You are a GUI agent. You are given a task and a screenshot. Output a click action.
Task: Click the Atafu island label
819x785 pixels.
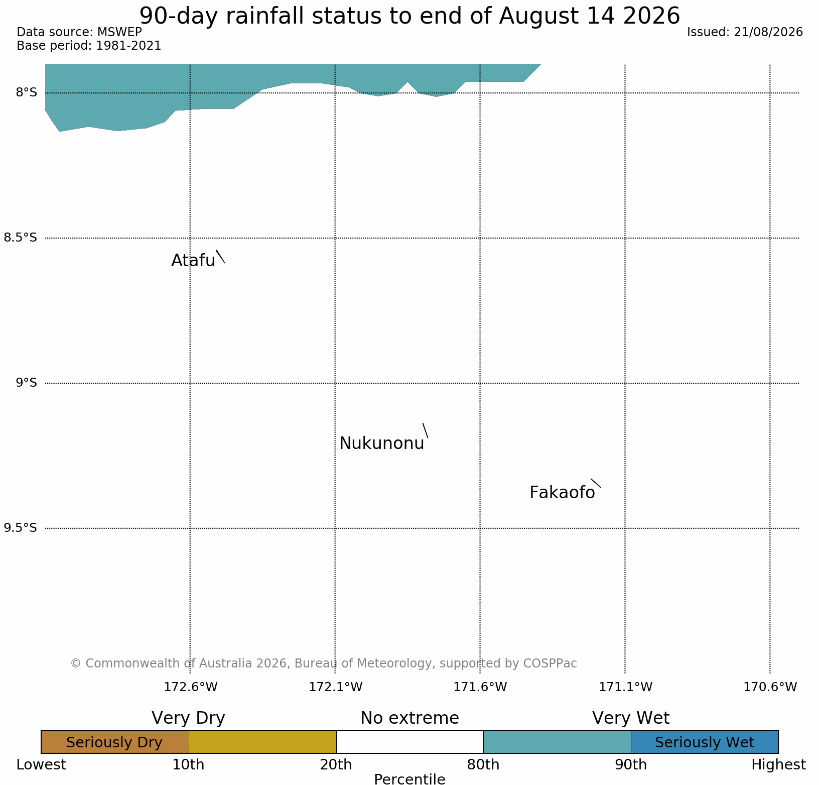click(193, 260)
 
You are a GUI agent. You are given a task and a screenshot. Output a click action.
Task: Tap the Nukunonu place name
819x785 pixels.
click(382, 443)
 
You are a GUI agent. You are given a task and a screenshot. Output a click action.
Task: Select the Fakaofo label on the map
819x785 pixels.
click(562, 493)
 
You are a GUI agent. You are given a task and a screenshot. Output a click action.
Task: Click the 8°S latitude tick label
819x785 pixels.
click(27, 92)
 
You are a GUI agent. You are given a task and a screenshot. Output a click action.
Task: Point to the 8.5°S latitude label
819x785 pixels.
click(21, 238)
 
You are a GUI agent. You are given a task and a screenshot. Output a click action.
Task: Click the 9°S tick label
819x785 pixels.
click(27, 383)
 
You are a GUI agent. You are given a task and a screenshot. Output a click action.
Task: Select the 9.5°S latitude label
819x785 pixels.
click(21, 528)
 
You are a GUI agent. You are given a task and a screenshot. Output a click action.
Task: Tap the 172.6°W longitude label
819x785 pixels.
click(191, 687)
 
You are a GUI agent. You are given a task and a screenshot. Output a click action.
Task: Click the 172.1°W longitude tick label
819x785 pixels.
click(335, 687)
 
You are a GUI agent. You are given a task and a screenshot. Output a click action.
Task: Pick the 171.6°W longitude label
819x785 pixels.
click(480, 687)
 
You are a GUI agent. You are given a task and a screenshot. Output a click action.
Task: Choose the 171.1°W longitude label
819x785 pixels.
click(625, 687)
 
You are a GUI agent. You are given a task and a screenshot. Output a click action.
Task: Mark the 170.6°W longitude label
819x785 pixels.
click(770, 687)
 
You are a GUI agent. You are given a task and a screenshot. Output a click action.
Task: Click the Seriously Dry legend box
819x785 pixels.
click(115, 742)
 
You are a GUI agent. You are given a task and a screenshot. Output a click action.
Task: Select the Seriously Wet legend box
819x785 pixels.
click(705, 742)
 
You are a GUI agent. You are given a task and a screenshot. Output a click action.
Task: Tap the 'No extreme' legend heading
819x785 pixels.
click(409, 718)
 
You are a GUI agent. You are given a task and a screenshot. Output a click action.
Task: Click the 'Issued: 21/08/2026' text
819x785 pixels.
click(745, 32)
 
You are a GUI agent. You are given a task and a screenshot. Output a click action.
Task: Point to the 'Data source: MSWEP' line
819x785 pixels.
click(79, 32)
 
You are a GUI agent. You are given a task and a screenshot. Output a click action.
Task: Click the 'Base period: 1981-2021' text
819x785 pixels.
click(89, 46)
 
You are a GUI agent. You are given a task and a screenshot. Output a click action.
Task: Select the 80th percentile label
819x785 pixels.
click(483, 765)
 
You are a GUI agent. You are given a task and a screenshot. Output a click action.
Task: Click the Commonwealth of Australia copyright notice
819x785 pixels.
click(324, 663)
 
